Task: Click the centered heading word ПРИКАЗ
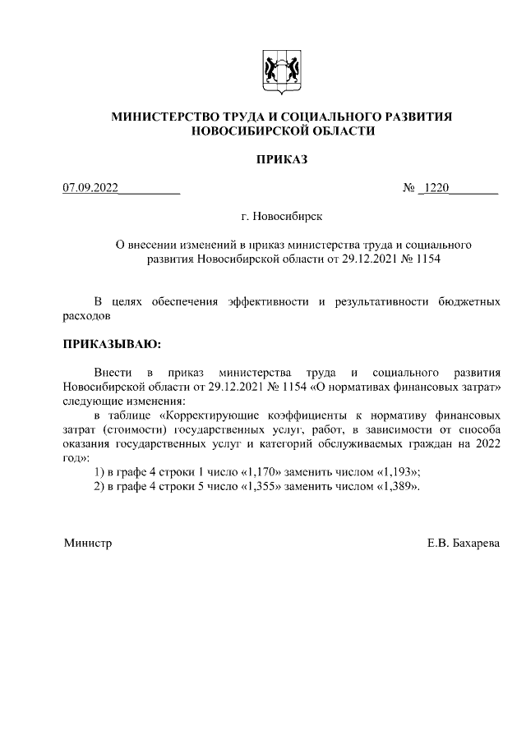pos(282,159)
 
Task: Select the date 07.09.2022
pos(91,189)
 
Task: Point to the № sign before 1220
pos(408,189)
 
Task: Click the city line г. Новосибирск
pos(282,217)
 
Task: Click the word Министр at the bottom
pos(87,543)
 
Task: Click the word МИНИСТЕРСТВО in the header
pos(170,117)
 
